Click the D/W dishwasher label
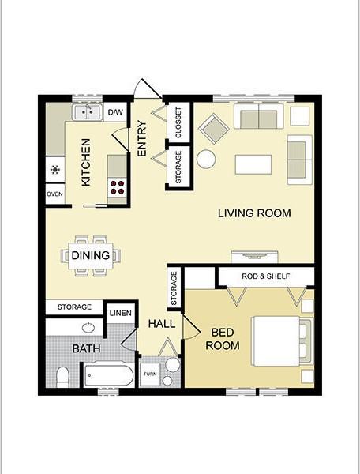pyautogui.click(x=115, y=112)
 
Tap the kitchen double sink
pyautogui.click(x=87, y=112)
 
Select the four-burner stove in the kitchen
pyautogui.click(x=117, y=187)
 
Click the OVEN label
pyautogui.click(x=55, y=194)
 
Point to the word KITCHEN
pyautogui.click(x=86, y=162)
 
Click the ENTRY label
pyautogui.click(x=141, y=138)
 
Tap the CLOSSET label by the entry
pyautogui.click(x=178, y=122)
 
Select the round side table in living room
pyautogui.click(x=206, y=160)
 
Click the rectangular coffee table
pyautogui.click(x=253, y=164)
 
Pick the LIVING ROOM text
pyautogui.click(x=254, y=213)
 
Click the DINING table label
pyautogui.click(x=91, y=255)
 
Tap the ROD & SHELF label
pyautogui.click(x=266, y=276)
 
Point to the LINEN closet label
pyautogui.click(x=121, y=313)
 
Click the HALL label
pyautogui.click(x=162, y=324)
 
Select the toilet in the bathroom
pyautogui.click(x=63, y=378)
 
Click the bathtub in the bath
pyautogui.click(x=109, y=375)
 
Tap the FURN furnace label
pyautogui.click(x=150, y=374)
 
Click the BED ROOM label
pyautogui.click(x=223, y=339)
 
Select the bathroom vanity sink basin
pyautogui.click(x=88, y=327)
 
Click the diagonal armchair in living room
pyautogui.click(x=213, y=129)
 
